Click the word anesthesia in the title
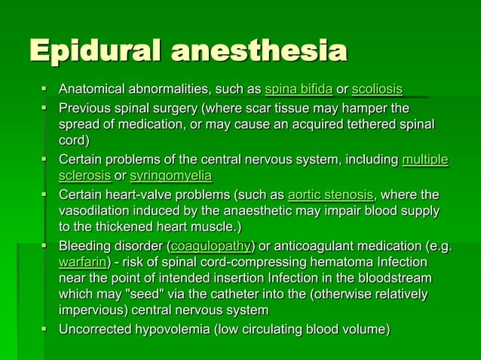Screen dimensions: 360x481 click(260, 51)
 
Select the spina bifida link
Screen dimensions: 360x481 click(299, 90)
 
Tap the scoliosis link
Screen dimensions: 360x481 click(377, 90)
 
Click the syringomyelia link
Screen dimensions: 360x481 click(170, 176)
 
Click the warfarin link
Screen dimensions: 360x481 click(83, 263)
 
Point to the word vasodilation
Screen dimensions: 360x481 click(96, 212)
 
